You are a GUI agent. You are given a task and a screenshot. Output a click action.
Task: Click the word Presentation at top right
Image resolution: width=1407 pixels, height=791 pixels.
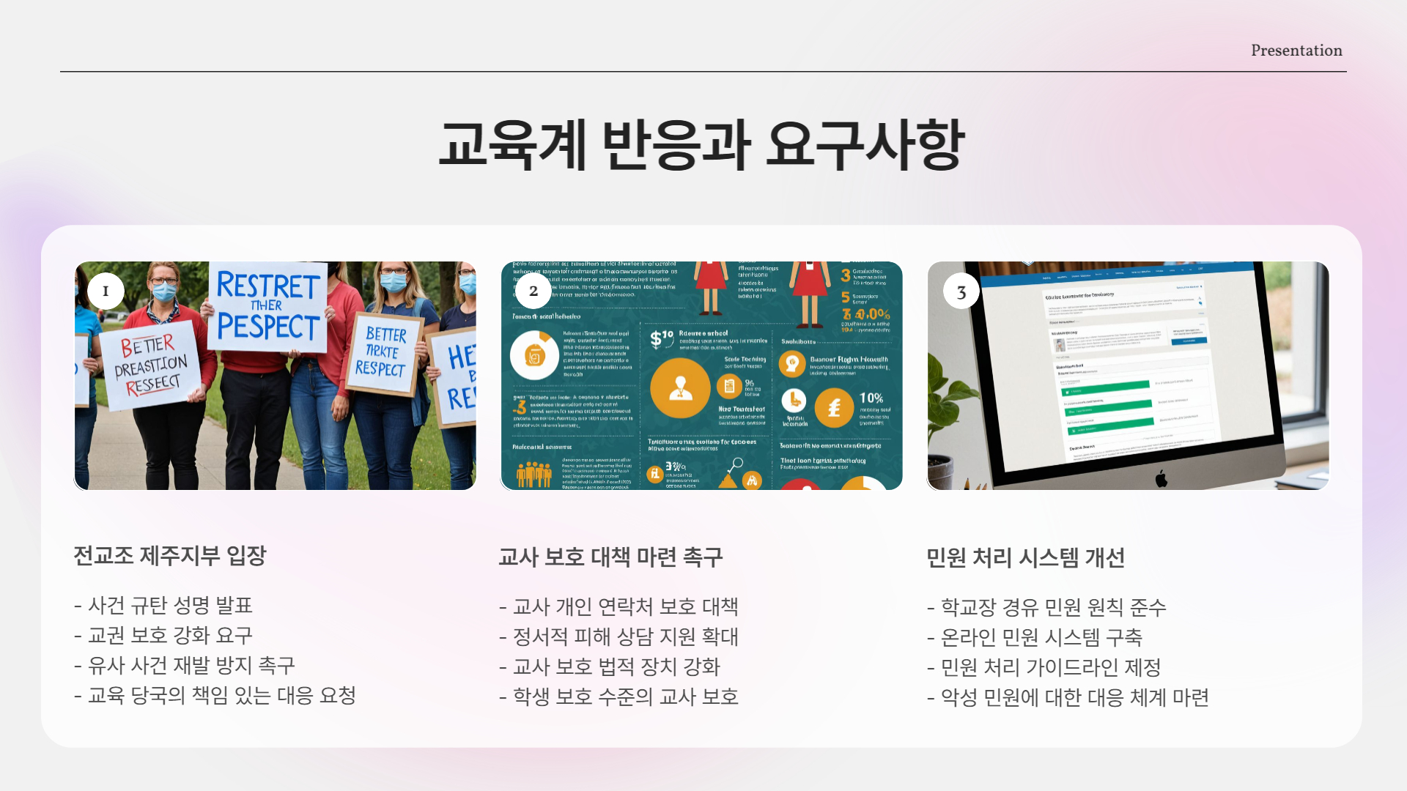tap(1296, 51)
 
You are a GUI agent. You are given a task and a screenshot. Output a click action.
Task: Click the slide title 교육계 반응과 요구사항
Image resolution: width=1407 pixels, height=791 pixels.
tap(701, 144)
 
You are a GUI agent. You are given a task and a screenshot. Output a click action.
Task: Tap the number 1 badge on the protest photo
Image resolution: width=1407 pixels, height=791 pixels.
tap(106, 291)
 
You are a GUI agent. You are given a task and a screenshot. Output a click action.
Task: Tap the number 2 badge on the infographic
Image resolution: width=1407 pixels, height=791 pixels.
tap(533, 291)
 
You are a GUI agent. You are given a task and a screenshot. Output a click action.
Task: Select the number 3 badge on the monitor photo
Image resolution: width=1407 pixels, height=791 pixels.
tap(961, 293)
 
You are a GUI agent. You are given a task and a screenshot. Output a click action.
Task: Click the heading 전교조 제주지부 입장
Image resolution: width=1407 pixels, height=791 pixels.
tap(169, 556)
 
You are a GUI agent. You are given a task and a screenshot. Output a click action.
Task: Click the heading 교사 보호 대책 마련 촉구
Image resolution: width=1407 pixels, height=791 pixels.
tap(610, 557)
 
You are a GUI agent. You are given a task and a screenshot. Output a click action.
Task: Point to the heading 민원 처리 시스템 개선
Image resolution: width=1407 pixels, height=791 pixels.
tap(1024, 558)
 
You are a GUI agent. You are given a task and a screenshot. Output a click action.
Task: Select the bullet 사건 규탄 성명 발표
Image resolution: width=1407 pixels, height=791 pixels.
tap(169, 606)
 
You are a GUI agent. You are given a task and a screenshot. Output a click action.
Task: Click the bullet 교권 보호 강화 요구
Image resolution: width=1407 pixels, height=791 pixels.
tap(169, 636)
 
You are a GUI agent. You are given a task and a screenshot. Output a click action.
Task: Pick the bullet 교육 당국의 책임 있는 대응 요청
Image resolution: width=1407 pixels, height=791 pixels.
tap(221, 696)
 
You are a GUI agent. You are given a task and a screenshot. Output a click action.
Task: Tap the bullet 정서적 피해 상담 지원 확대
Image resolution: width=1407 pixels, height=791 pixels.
tap(624, 637)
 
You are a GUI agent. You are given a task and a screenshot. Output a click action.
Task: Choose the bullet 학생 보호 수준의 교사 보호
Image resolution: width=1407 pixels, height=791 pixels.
tap(624, 697)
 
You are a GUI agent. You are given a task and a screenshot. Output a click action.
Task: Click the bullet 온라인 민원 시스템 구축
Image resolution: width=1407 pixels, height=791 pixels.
tap(1041, 638)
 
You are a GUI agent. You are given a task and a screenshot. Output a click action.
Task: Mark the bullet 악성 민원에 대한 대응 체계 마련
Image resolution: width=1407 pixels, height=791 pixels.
tap(1074, 698)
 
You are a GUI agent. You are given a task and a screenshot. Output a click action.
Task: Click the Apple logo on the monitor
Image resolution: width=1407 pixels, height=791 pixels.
tap(1161, 479)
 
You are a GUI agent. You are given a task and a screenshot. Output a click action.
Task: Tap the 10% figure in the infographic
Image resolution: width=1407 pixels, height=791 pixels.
tap(871, 398)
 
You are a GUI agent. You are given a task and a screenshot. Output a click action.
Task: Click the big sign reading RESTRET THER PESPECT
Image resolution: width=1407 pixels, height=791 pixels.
tap(268, 306)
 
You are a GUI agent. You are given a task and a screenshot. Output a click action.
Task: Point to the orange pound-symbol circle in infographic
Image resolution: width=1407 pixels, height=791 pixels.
tap(834, 408)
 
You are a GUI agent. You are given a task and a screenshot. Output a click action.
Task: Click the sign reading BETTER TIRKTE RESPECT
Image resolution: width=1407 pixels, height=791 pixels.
tap(384, 352)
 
